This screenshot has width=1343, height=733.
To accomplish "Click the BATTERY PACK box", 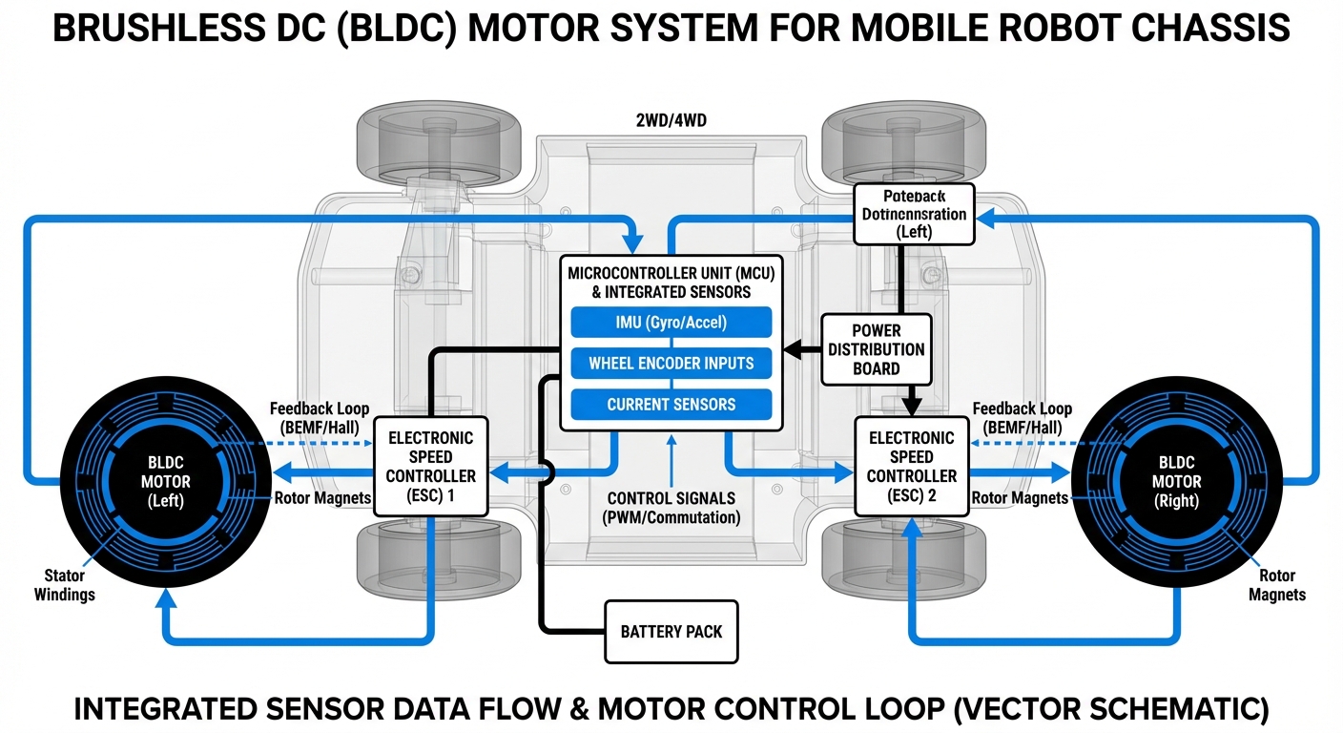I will point(671,631).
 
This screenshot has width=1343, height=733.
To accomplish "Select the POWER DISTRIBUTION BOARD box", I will point(876,349).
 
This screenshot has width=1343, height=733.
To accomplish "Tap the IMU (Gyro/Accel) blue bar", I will point(671,323).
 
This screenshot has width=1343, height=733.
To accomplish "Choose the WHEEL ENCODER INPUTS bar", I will point(671,364).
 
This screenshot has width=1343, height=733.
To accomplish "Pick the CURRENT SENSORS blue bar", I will point(671,405).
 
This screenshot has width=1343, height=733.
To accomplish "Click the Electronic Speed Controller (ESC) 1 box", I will point(430,466).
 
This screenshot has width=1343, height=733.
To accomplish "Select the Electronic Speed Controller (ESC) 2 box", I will point(910,466).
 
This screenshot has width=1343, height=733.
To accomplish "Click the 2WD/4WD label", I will point(671,121).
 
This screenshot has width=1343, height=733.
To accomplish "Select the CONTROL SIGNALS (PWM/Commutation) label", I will point(671,508).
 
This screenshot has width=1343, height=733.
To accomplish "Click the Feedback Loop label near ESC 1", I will point(319,418).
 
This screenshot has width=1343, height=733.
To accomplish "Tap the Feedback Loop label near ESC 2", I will point(1022,418).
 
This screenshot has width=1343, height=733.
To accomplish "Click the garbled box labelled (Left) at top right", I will point(900,215).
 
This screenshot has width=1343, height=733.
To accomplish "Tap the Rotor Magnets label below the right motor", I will point(1276,585).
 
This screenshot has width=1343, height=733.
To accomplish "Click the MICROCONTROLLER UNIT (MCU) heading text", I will point(671,273).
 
